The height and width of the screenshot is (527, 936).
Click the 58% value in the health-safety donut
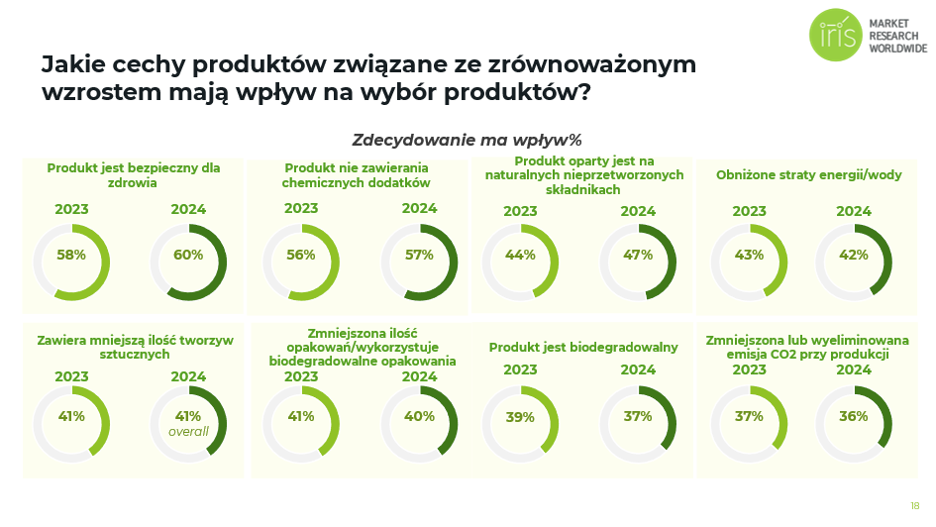point(71,255)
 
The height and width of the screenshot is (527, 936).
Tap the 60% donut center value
point(188,255)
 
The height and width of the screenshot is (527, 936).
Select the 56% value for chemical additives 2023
point(301,255)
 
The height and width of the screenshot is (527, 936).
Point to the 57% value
point(419,255)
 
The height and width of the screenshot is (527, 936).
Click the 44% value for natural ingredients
point(520,255)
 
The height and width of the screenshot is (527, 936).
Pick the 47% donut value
point(638,255)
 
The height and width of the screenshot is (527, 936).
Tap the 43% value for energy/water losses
point(750,255)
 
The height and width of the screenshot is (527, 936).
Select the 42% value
point(853,255)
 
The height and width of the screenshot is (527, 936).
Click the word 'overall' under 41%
point(188,432)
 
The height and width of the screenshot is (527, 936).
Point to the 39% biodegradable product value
point(520,417)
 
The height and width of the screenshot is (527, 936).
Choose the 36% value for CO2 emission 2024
point(853,417)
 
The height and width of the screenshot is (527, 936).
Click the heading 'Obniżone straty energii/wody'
point(809,175)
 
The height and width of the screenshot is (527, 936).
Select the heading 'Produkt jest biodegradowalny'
point(583,347)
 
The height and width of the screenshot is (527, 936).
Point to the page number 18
point(914,506)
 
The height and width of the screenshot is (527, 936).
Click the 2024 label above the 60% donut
point(188,209)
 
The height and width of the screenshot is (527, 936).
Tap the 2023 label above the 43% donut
point(750,211)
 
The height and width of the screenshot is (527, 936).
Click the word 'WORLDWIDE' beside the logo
point(897,48)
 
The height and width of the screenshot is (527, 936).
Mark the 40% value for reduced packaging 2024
point(419,417)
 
